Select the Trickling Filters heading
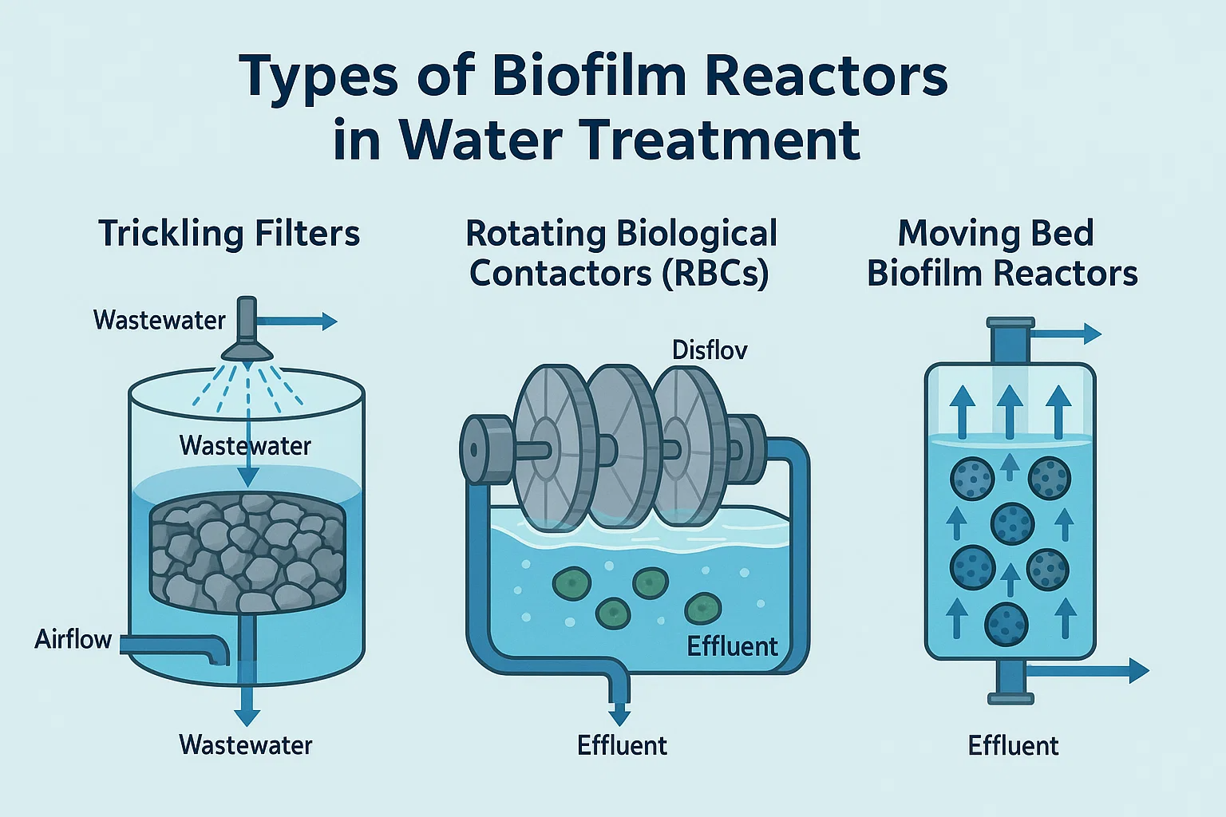tap(229, 234)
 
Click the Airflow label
tap(73, 639)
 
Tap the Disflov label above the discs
tap(710, 349)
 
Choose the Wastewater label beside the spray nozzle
tap(159, 320)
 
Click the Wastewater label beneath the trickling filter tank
tap(246, 745)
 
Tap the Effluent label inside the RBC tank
tap(732, 646)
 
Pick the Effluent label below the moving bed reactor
tap(1013, 746)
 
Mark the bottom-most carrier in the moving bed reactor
tap(1007, 624)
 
